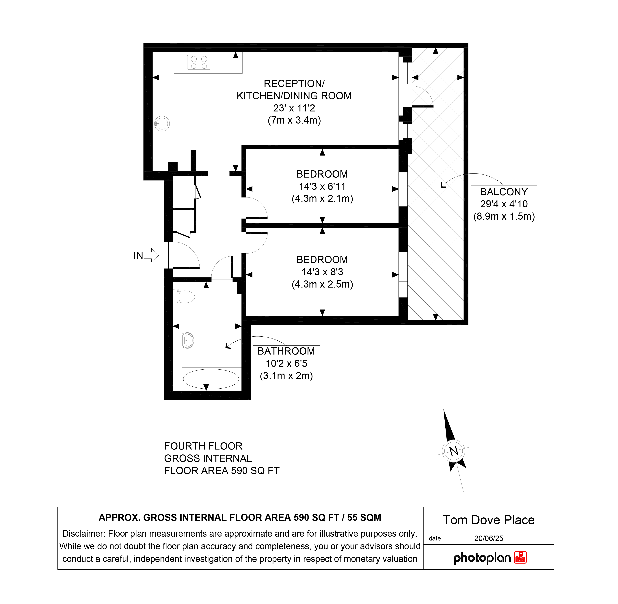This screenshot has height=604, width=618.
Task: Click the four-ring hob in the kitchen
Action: (199, 62)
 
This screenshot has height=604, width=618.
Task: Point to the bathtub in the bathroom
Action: (211, 379)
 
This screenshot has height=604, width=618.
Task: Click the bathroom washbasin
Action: (188, 340)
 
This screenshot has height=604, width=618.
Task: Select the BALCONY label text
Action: (504, 192)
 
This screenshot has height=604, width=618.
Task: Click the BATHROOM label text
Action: (286, 351)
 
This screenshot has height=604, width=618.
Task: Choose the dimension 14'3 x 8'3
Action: (322, 272)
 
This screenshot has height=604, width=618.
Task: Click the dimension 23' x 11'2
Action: (294, 108)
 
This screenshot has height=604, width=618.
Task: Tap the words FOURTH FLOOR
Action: (203, 446)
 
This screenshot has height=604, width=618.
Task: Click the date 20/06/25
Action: (489, 538)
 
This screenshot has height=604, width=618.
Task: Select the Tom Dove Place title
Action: (489, 520)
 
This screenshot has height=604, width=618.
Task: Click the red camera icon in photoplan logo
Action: (521, 557)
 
